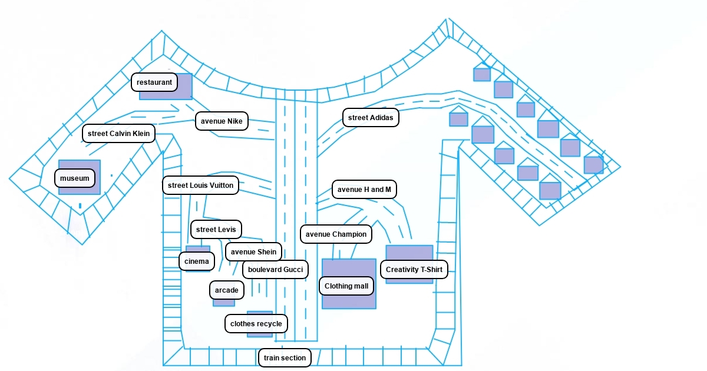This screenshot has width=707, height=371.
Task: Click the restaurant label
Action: pos(154,82)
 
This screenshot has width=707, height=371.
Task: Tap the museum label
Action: pos(75,178)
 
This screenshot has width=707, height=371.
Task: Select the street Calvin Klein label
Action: pos(118,134)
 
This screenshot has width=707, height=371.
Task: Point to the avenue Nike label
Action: pos(222,121)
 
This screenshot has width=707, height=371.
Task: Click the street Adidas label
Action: pos(371,118)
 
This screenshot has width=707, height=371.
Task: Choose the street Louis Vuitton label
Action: pos(201,185)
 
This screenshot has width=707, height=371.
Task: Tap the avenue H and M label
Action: pos(364,190)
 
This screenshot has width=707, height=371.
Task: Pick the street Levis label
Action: pos(216,230)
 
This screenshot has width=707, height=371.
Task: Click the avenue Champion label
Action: pos(336,234)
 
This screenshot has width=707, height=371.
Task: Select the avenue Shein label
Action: pos(253,252)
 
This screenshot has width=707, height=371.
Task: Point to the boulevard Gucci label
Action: pos(275,270)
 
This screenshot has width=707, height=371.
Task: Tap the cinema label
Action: pos(197,261)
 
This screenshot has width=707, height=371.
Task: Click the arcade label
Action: pos(227,290)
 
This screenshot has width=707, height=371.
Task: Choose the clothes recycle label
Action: pos(256,323)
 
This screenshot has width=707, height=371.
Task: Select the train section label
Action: pos(285,358)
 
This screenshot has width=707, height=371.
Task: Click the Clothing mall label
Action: pos(346,286)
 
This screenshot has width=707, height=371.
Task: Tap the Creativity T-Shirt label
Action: pos(414,270)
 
